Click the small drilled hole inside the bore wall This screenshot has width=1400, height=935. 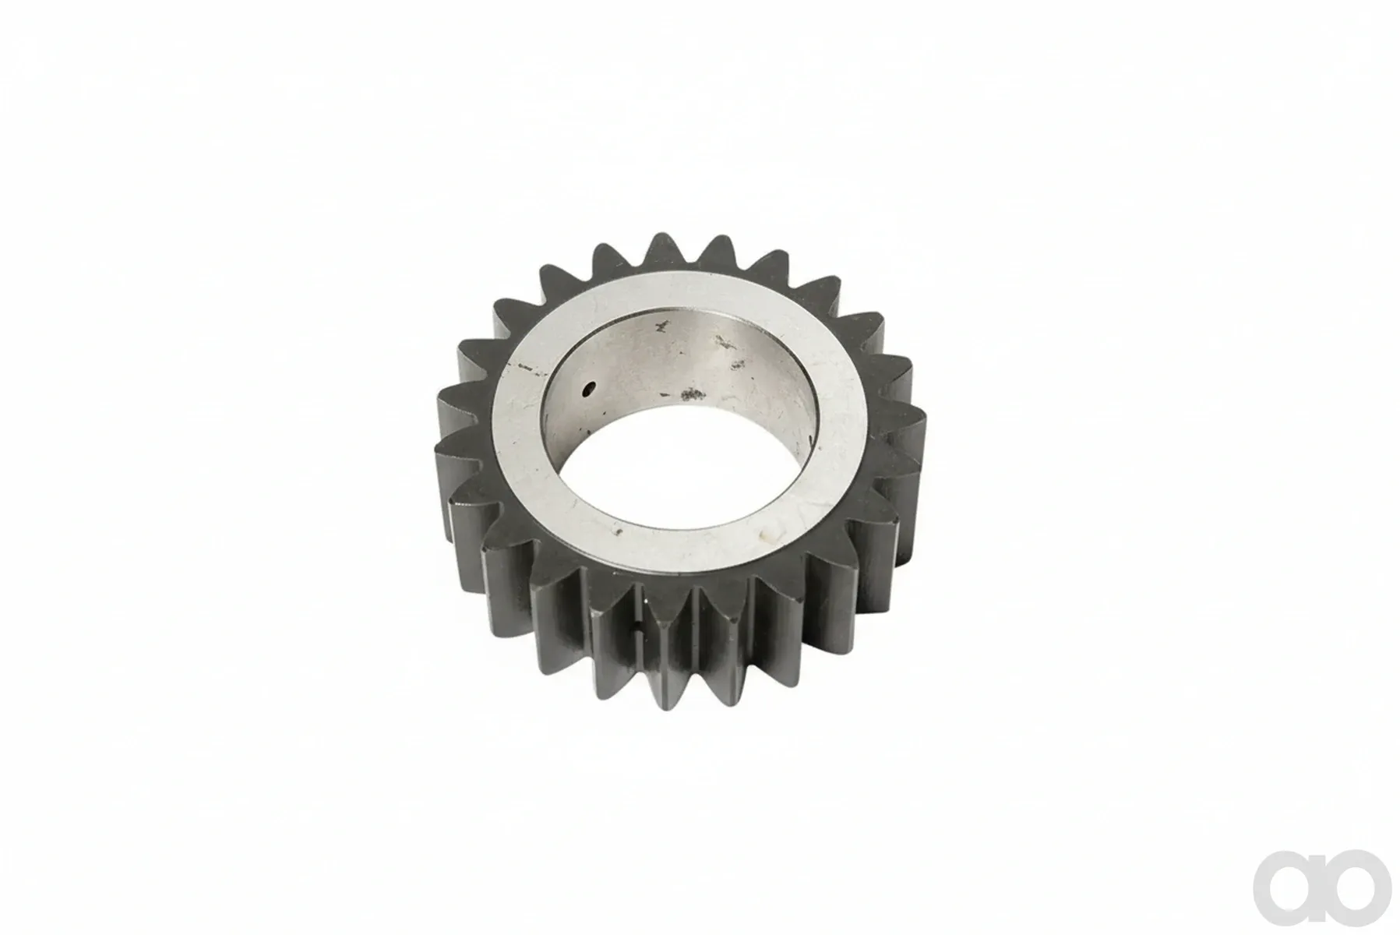[591, 388]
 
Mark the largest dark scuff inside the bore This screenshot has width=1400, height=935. [689, 395]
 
